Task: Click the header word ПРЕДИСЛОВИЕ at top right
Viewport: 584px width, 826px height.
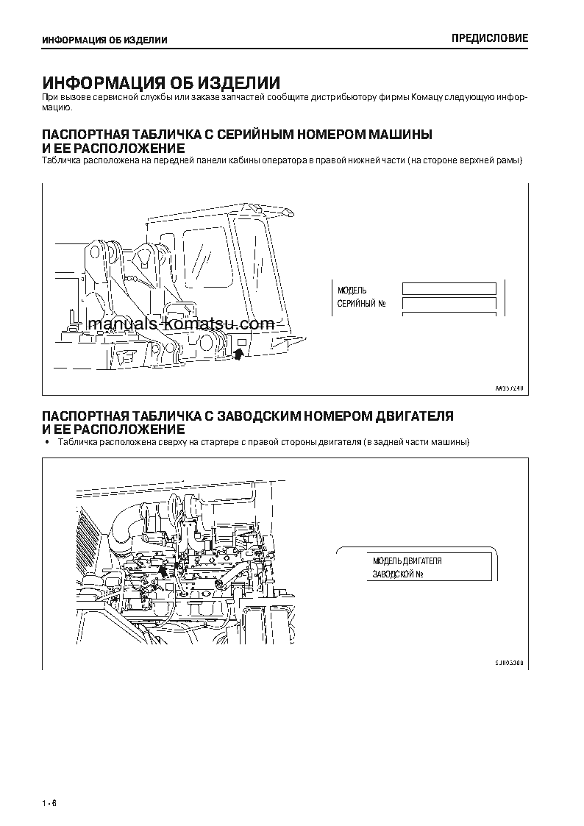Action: pos(489,39)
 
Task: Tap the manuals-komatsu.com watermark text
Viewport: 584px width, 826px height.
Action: pos(180,324)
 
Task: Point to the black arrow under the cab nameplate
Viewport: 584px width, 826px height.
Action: pos(237,355)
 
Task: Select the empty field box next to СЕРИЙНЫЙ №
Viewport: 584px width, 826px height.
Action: pos(449,304)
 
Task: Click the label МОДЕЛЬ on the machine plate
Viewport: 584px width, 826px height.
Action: pos(352,291)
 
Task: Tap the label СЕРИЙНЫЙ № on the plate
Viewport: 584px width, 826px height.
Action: pos(361,304)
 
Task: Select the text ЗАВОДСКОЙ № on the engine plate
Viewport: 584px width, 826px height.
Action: pos(397,574)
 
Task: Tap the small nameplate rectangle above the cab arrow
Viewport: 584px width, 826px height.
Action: pos(240,343)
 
